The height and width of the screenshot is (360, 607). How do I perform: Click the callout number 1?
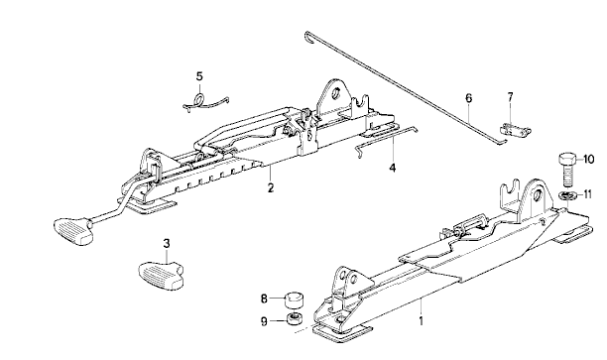click(422, 321)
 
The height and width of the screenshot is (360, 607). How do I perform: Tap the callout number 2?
click(270, 188)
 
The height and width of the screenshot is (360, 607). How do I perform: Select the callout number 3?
click(166, 244)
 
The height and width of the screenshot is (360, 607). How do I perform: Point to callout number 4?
click(393, 168)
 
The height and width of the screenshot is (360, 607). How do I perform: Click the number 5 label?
click(199, 76)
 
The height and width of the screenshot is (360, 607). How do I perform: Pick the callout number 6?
click(469, 98)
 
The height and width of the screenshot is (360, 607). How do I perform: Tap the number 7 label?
click(510, 97)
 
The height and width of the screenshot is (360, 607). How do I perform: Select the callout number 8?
click(264, 299)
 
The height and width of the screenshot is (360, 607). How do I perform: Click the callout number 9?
click(264, 321)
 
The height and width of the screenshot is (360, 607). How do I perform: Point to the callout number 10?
click(588, 159)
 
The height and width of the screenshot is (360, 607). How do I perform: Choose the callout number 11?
click(588, 194)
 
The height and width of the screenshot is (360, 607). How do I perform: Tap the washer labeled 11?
click(566, 195)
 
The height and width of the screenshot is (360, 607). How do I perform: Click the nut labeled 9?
click(295, 319)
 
